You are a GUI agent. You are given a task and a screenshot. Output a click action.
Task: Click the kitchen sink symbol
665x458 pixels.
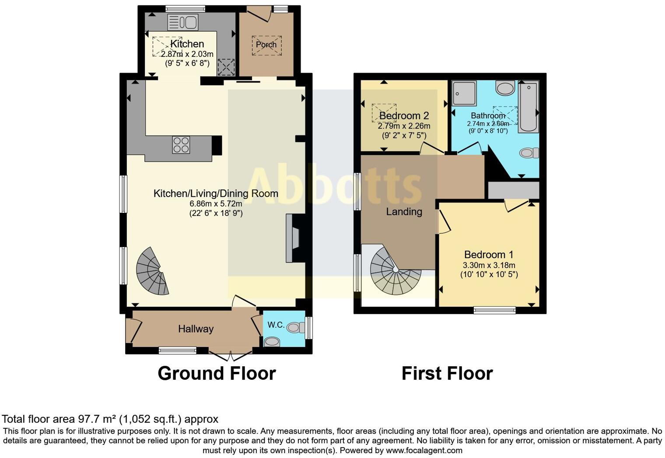pyautogui.click(x=182, y=22)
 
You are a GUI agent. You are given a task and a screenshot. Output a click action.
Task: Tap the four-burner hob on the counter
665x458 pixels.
pyautogui.click(x=181, y=145)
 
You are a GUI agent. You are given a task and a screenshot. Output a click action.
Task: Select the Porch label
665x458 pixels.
pyautogui.click(x=266, y=45)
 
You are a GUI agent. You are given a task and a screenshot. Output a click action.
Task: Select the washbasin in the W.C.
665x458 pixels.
pyautogui.click(x=272, y=342)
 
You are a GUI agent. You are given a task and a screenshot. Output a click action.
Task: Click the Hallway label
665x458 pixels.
pyautogui.click(x=196, y=329)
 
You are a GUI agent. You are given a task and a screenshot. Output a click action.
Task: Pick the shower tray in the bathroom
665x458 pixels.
pyautogui.click(x=464, y=93)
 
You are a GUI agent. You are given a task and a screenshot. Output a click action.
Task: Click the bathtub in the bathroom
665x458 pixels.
pyautogui.click(x=528, y=107)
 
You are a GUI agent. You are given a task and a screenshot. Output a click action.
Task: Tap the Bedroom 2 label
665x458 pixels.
pyautogui.click(x=404, y=116)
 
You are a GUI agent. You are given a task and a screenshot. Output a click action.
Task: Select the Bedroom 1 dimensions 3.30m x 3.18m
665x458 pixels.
pyautogui.click(x=489, y=265)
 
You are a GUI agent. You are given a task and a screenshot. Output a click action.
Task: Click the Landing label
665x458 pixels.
pyautogui.click(x=404, y=212)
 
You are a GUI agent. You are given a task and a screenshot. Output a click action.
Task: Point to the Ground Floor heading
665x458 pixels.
pyautogui.click(x=217, y=374)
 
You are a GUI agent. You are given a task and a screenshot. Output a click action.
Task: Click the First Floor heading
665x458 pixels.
pyautogui.click(x=447, y=374)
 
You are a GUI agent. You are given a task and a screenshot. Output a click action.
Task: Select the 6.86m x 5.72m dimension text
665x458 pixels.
pyautogui.click(x=216, y=204)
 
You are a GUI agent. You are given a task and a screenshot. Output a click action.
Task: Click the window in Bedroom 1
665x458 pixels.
pyautogui.click(x=494, y=310)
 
